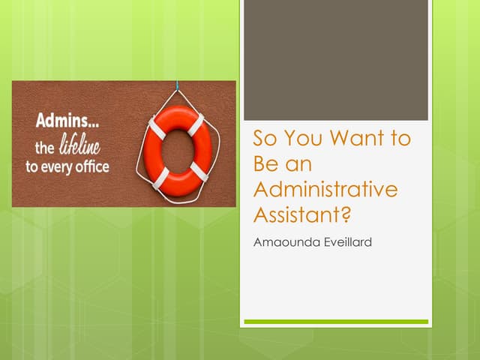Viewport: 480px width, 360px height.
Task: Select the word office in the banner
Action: point(92,166)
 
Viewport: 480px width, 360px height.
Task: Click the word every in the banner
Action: point(58,166)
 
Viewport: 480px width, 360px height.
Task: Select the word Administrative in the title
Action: point(325,190)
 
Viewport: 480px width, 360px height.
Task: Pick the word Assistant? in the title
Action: point(303,215)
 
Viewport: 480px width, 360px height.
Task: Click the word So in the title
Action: point(264,139)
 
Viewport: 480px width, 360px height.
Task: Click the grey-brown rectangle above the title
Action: point(336,60)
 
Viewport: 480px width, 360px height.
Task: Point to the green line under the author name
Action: point(336,322)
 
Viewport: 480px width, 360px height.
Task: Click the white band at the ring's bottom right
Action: point(198,170)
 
